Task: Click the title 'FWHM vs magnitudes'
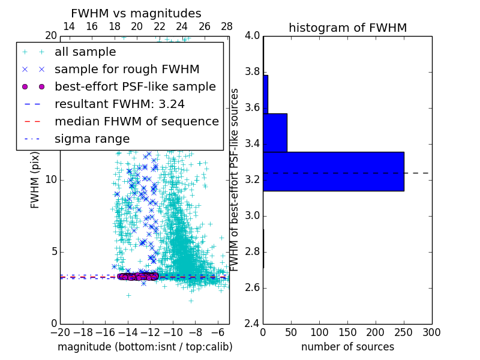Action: (136, 13)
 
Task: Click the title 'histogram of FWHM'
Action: (347, 28)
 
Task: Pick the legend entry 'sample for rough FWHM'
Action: (127, 70)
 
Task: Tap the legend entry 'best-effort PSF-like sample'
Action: (135, 87)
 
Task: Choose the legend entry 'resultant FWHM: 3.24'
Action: (119, 104)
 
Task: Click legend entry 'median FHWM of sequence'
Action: (136, 122)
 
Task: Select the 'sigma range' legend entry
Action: (92, 139)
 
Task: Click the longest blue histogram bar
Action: (333, 172)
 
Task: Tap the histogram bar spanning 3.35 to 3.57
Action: (275, 133)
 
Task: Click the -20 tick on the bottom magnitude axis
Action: (60, 331)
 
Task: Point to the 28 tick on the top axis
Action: (227, 26)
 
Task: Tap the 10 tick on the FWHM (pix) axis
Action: (51, 180)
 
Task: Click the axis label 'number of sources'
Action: (347, 347)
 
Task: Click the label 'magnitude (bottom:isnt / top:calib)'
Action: (145, 347)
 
